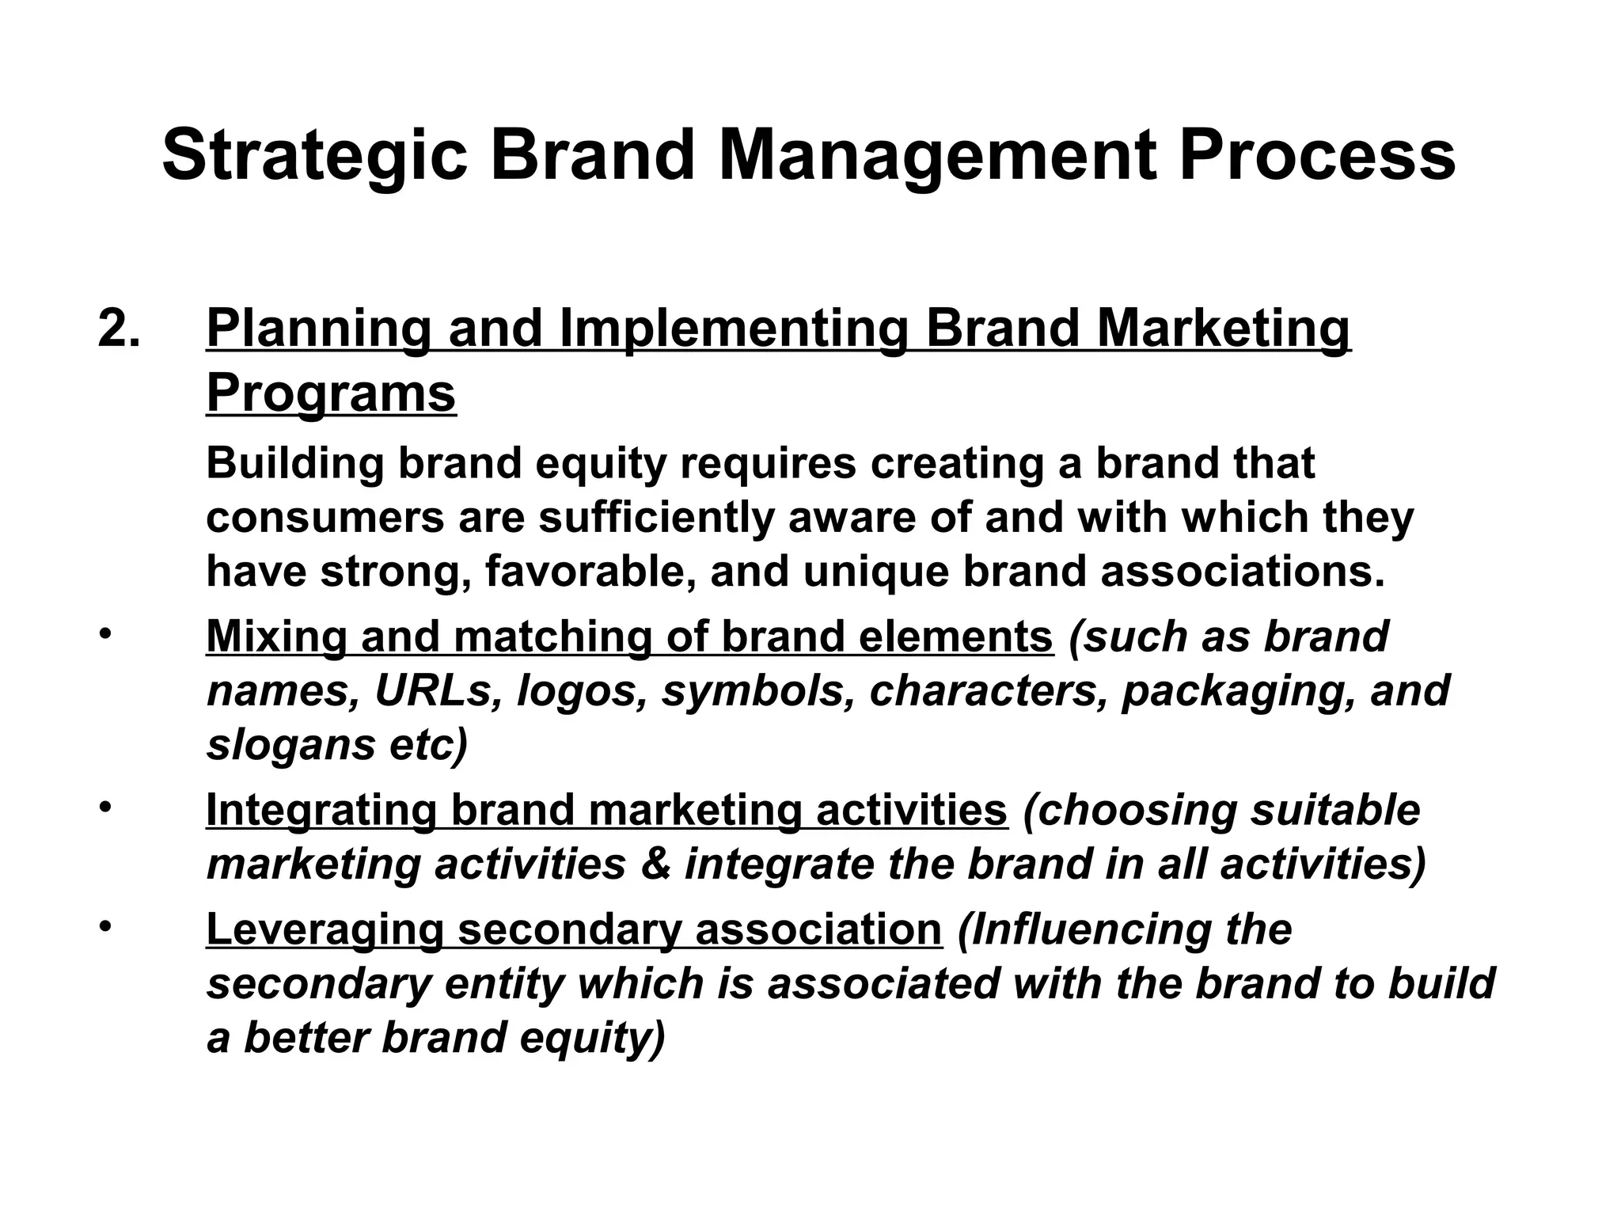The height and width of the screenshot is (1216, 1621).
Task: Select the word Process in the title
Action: click(x=1316, y=156)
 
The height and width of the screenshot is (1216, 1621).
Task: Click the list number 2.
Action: click(x=120, y=329)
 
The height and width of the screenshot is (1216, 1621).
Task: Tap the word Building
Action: click(x=294, y=464)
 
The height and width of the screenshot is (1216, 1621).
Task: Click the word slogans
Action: click(x=290, y=745)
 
